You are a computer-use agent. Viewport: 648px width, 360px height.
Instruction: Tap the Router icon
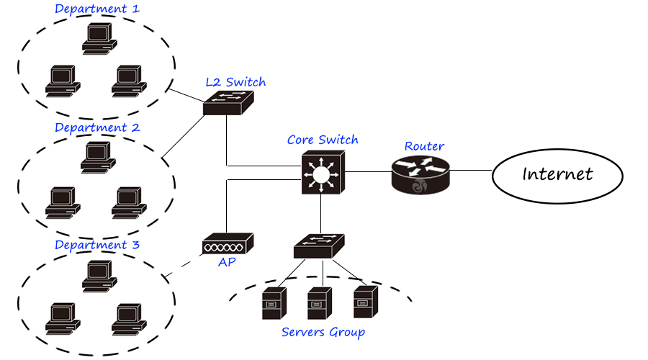coord(418,174)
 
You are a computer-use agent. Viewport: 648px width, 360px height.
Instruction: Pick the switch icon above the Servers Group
coord(320,246)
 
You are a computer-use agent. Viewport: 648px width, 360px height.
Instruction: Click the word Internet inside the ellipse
coord(557,174)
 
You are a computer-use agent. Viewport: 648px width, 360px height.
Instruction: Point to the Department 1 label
coord(97,9)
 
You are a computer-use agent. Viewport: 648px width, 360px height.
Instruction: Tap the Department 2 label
coord(97,127)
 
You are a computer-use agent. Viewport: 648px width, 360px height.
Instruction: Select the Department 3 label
coord(97,245)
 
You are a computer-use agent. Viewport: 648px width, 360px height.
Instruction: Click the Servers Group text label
coord(323,332)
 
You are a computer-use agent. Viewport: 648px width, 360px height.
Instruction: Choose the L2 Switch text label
coord(235,82)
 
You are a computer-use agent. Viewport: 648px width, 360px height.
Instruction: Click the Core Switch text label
coord(323,140)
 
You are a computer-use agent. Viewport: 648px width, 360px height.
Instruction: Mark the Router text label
coord(424,146)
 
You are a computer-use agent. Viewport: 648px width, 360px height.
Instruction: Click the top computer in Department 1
coord(98,38)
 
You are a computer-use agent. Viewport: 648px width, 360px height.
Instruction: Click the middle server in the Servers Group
coord(318,303)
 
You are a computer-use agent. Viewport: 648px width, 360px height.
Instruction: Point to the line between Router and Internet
coord(469,171)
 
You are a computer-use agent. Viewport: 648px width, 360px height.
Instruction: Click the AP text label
coord(227,262)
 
